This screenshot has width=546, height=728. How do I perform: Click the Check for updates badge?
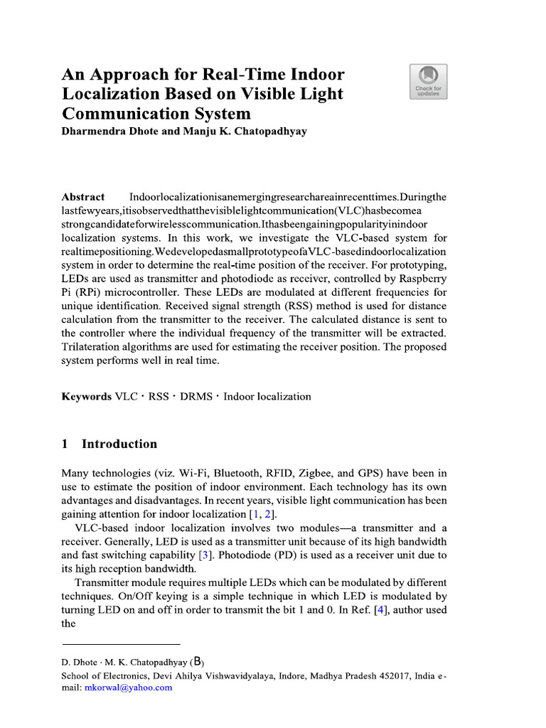click(x=428, y=82)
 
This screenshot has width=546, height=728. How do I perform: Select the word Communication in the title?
click(x=118, y=114)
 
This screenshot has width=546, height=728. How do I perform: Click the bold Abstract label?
click(x=83, y=197)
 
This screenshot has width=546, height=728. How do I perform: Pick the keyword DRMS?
click(x=196, y=397)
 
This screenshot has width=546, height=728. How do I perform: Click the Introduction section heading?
click(x=119, y=444)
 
